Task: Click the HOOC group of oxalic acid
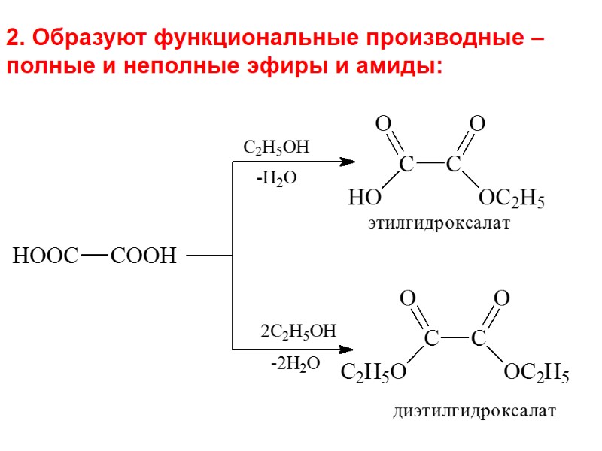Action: [x=46, y=256]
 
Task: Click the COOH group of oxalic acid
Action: [x=143, y=256]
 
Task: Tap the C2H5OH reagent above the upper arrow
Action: [x=276, y=147]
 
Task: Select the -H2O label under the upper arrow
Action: [x=276, y=178]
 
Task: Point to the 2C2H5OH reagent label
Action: [x=298, y=331]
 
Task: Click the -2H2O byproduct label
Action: [x=296, y=364]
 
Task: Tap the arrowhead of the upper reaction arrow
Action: [x=348, y=161]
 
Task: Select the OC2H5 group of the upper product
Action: [x=512, y=200]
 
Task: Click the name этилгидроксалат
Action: [x=439, y=224]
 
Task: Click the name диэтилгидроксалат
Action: [x=474, y=412]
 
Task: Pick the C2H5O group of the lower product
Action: [x=374, y=373]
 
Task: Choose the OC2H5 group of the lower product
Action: [x=536, y=373]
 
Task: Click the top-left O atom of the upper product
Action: [x=383, y=123]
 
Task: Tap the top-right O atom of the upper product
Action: [x=477, y=123]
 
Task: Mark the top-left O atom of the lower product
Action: [x=408, y=298]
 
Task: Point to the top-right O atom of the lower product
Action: [x=501, y=298]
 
